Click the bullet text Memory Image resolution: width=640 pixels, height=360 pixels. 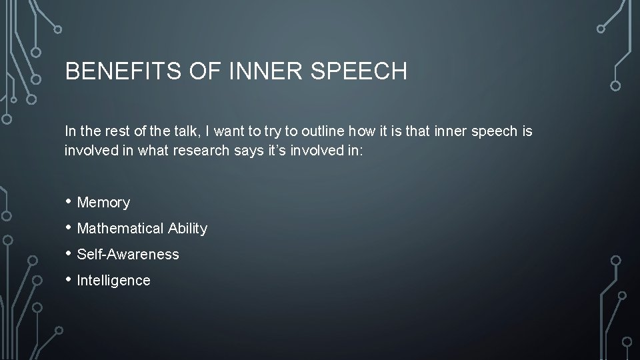point(103,203)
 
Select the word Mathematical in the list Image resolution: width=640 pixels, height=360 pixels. point(121,229)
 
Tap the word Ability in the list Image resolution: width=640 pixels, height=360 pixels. point(187,229)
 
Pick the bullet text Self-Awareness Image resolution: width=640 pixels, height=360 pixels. point(128,255)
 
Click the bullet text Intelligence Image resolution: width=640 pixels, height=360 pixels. point(113,281)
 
